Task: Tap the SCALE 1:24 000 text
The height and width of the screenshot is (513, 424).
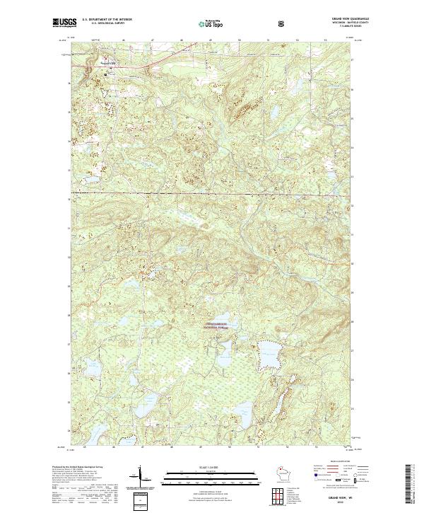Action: click(211, 465)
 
